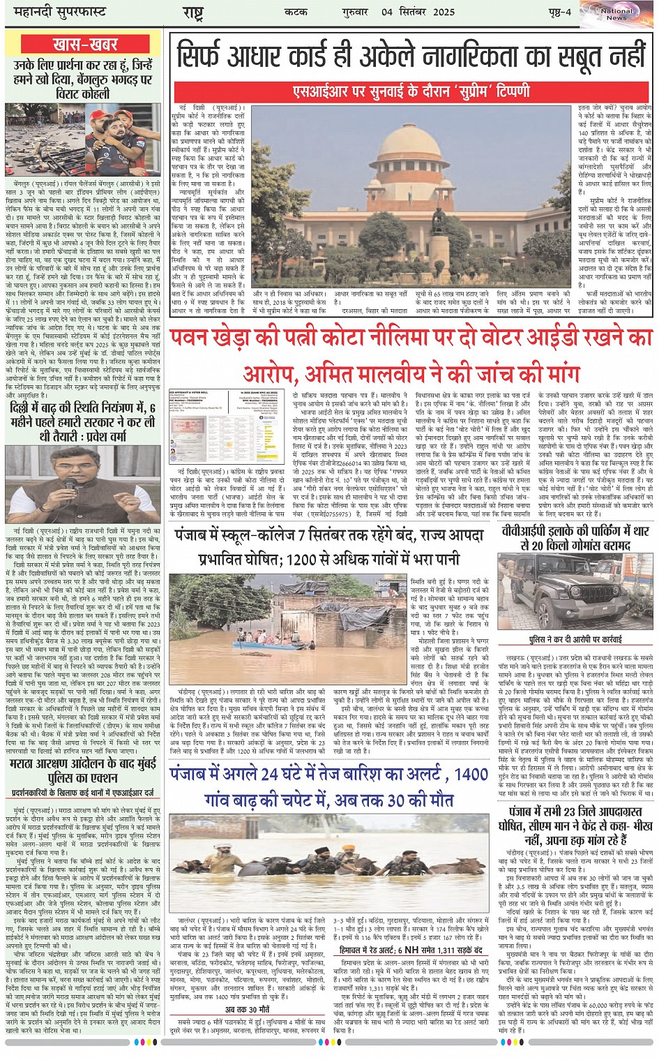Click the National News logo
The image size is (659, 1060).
pos(616,14)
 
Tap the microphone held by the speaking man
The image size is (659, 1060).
pos(69,483)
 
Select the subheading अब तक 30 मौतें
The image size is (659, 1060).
pos(247,1010)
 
